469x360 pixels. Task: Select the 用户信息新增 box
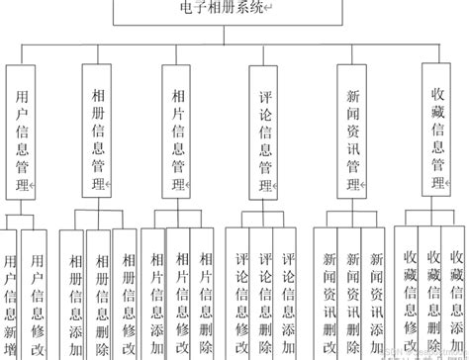point(9,297)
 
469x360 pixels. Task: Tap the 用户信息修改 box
point(37,297)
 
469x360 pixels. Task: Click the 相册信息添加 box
point(73,297)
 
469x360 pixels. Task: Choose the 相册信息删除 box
point(99,297)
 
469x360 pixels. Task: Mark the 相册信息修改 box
point(125,297)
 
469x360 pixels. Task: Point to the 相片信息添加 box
point(153,297)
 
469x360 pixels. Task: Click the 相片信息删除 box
point(205,297)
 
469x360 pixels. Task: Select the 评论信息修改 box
point(240,297)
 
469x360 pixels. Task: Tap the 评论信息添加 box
point(288,297)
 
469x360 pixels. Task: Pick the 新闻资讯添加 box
point(375,297)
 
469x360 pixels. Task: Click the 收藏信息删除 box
point(433,297)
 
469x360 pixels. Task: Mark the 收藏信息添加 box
point(458,297)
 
